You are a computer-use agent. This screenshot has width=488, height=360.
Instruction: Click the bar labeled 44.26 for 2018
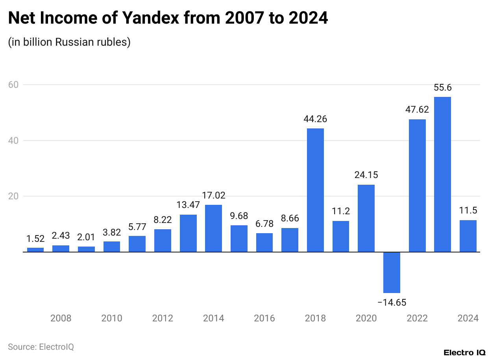pos(315,190)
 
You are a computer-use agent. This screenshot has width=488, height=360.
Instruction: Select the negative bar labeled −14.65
pos(392,273)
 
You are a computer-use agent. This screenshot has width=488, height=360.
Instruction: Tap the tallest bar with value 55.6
pos(442,174)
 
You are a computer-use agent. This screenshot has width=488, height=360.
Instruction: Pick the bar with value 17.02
pos(213,228)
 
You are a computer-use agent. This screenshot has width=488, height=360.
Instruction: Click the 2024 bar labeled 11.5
pos(468,236)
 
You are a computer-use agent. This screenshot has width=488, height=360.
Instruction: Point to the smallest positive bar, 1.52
pos(35,250)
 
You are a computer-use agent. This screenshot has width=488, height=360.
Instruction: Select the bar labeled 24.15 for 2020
pos(366,218)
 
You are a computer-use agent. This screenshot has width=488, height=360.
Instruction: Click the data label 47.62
pos(417,110)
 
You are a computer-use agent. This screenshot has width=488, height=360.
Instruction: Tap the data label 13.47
pos(188,205)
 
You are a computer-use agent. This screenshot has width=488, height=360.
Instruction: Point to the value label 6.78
pos(264,224)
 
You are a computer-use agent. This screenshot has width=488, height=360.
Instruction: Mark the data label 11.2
pos(341,212)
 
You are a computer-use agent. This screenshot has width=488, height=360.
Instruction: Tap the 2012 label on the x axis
pos(163,318)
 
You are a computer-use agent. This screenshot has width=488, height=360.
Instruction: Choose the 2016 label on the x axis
pos(264,318)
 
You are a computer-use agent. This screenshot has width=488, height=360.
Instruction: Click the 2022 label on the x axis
pos(417,318)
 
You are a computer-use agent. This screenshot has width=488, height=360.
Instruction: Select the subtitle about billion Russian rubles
pos(69,42)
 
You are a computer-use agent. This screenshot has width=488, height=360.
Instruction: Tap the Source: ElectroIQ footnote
pos(41,347)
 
